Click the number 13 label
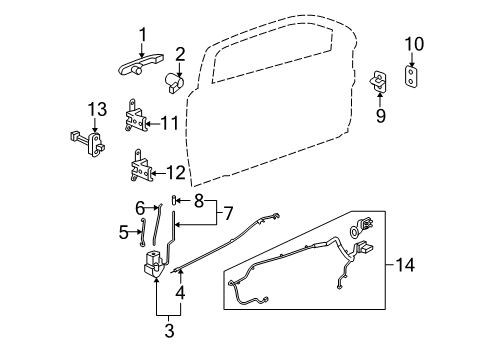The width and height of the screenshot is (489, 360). pos(94,108)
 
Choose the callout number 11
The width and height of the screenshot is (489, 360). pos(171,123)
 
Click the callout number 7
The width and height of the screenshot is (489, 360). pos(229,214)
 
